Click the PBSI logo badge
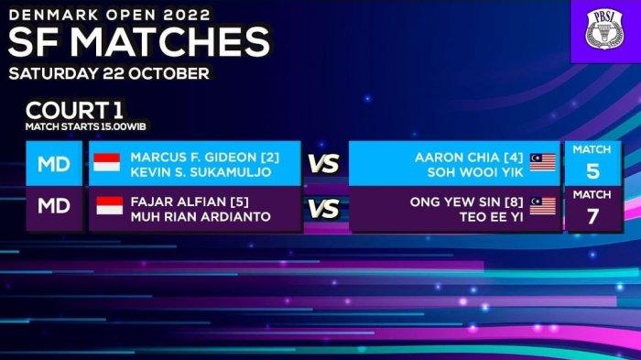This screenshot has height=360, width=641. click(x=604, y=30)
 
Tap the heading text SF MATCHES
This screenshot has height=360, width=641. click(x=139, y=42)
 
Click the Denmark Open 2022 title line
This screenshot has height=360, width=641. click(x=109, y=15)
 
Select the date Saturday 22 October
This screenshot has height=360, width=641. click(x=109, y=73)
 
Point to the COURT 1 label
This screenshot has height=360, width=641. click(x=74, y=110)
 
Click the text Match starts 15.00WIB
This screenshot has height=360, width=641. click(x=85, y=126)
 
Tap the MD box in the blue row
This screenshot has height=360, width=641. click(x=54, y=164)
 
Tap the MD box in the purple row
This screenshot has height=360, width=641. click(x=54, y=206)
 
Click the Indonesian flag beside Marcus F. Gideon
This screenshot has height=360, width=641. click(x=107, y=162)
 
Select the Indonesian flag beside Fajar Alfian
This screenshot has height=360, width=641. click(x=110, y=206)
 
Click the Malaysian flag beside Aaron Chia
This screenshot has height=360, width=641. click(x=542, y=162)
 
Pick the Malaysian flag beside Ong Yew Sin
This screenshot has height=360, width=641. click(x=542, y=206)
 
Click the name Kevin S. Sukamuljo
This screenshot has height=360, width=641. click(x=201, y=172)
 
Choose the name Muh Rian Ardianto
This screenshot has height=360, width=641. click(x=201, y=216)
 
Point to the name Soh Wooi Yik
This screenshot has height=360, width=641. click(x=475, y=172)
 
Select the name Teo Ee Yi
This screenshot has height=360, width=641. click(x=492, y=217)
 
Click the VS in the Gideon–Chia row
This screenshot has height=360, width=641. click(x=324, y=164)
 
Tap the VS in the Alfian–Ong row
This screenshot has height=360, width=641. click(x=324, y=209)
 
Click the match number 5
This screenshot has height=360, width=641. click(x=592, y=171)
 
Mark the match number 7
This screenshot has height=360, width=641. click(x=592, y=216)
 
